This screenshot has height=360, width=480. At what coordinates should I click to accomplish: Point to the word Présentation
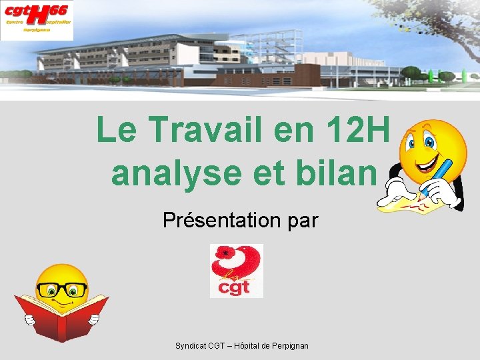point(217,220)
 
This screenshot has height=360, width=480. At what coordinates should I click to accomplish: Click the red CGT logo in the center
point(237,271)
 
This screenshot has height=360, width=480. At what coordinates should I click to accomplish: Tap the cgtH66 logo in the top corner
point(37,20)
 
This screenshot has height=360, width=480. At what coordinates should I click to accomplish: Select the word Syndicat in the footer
point(190,346)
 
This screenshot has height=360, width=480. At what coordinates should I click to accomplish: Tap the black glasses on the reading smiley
point(61,289)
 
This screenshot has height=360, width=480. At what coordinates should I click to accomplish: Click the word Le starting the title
point(117,130)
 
